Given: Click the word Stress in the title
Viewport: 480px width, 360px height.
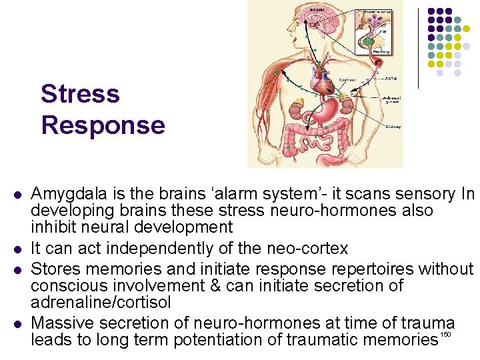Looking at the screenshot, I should tap(80, 94).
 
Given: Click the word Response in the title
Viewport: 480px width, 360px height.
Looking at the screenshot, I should tap(103, 125).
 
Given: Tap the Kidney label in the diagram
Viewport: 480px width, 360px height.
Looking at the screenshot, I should tap(393, 127).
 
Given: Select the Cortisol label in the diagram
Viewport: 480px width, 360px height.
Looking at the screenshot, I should tap(347, 79).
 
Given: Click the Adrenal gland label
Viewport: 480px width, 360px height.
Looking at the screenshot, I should tap(391, 101).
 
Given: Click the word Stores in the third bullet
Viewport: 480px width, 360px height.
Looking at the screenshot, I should tap(54, 269).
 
